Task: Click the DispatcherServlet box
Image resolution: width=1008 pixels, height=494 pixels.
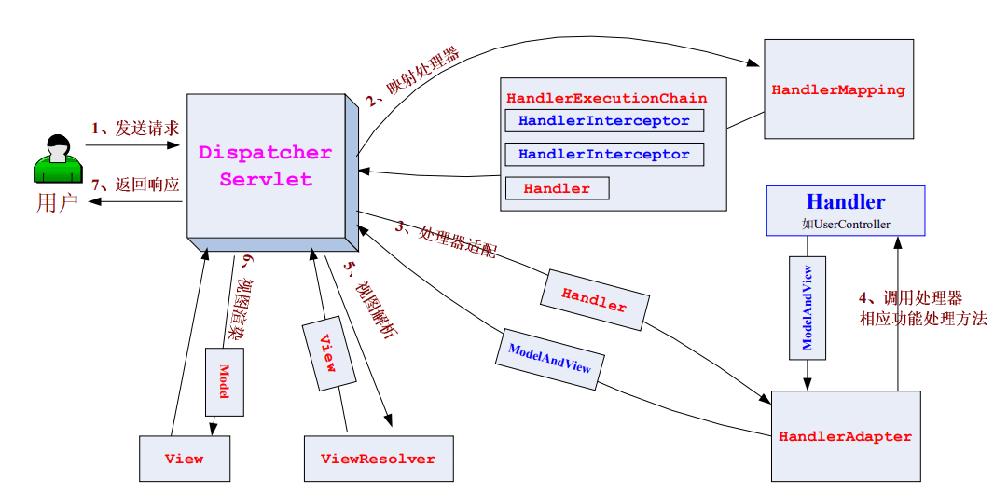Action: click(266, 166)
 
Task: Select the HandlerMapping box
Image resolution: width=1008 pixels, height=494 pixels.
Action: click(838, 90)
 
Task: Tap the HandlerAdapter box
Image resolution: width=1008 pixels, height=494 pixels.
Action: click(845, 436)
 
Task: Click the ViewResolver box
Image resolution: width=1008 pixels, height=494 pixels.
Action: click(377, 459)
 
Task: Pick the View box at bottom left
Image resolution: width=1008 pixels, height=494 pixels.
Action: click(184, 459)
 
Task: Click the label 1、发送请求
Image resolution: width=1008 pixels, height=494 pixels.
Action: click(135, 128)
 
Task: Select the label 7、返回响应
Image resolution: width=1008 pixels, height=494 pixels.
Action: click(135, 184)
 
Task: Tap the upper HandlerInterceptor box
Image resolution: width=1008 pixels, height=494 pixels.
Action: click(603, 121)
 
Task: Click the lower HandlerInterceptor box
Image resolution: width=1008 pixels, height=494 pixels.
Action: click(603, 154)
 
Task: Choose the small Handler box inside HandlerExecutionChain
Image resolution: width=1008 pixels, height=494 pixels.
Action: click(557, 188)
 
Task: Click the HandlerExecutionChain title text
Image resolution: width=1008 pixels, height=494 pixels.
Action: click(606, 98)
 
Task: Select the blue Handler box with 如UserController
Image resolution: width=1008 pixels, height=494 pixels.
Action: click(845, 210)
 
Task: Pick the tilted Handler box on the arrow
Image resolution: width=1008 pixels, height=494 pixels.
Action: click(593, 299)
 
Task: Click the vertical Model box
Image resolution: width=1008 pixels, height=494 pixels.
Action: click(224, 381)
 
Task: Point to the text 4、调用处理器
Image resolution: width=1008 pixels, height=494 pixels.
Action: click(909, 298)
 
